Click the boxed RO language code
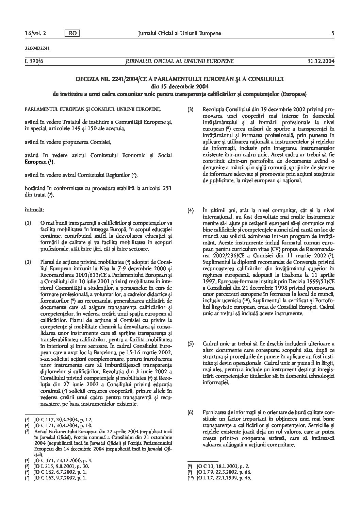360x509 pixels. (x=72, y=33)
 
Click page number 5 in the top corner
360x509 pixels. (x=332, y=33)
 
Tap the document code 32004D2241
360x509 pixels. (x=33, y=48)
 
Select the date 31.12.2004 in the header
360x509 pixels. (x=321, y=61)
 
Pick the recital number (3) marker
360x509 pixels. (x=191, y=109)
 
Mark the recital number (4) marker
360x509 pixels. (x=191, y=210)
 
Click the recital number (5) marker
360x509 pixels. (x=191, y=344)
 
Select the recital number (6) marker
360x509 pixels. (x=191, y=413)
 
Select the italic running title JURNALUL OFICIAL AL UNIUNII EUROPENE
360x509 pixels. (x=180, y=61)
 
